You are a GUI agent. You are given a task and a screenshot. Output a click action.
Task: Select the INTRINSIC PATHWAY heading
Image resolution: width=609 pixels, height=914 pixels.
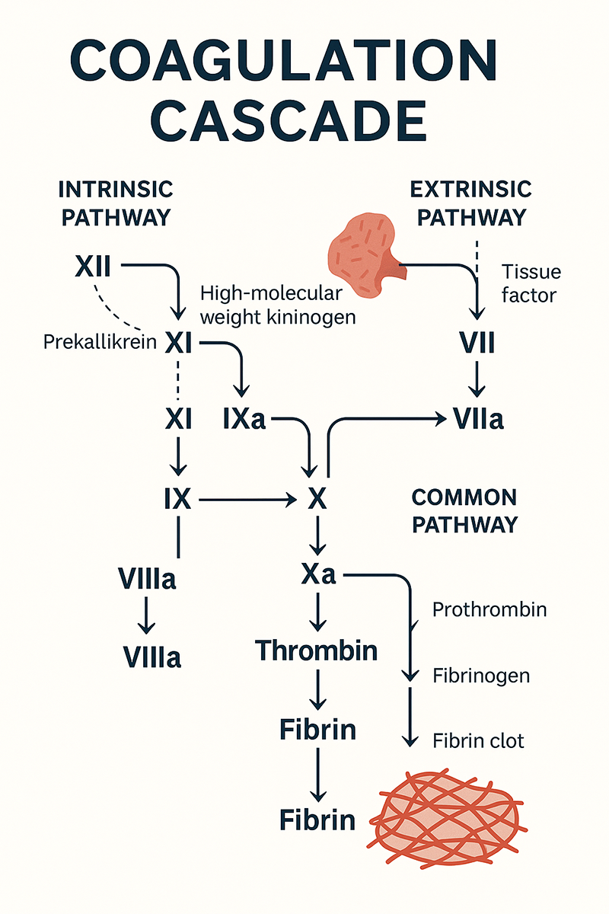(x=116, y=203)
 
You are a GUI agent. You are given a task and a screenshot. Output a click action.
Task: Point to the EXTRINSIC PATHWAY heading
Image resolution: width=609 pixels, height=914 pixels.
(x=471, y=203)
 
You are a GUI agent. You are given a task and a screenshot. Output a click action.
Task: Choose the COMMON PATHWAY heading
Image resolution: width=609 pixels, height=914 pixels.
(x=464, y=510)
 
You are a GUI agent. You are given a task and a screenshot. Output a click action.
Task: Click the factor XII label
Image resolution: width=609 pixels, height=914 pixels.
(x=94, y=267)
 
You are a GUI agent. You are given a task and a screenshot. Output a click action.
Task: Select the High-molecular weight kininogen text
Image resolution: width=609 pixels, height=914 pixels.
(x=277, y=305)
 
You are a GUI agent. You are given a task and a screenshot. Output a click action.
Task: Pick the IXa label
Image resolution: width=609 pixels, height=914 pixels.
(x=245, y=418)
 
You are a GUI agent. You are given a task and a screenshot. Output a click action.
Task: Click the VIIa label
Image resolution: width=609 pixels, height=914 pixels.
(x=477, y=418)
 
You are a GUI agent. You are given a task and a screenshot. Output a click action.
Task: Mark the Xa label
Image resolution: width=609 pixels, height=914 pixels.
(x=318, y=575)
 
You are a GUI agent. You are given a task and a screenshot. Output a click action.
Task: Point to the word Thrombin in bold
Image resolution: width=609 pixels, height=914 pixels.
(x=317, y=650)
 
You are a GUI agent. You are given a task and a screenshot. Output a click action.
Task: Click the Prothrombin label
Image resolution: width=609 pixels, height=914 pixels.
(x=489, y=609)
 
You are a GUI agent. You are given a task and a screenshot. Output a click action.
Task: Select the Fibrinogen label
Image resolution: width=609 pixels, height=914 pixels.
(x=481, y=675)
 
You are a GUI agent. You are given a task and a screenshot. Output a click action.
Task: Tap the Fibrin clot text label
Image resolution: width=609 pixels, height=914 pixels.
(x=478, y=740)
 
